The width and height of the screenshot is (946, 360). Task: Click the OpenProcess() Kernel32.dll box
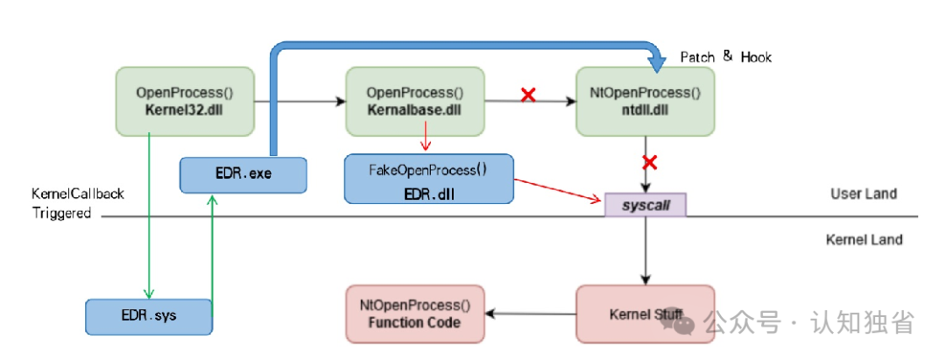tap(185, 102)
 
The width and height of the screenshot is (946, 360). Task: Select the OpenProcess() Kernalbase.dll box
tap(415, 102)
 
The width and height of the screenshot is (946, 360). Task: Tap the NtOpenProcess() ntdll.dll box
tap(646, 102)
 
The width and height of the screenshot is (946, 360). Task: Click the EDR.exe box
tap(244, 175)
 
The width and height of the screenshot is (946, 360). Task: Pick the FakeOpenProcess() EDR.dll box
tap(429, 179)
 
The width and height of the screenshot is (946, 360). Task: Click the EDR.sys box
tap(149, 316)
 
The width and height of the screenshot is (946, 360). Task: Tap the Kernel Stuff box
tap(646, 314)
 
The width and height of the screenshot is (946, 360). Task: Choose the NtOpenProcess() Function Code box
tap(415, 314)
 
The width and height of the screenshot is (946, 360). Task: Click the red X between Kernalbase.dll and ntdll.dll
tap(528, 95)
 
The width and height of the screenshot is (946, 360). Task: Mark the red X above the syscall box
tap(650, 162)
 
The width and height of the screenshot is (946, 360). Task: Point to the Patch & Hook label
tap(726, 57)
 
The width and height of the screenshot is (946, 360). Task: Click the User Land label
tap(864, 194)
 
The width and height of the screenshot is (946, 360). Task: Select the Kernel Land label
tap(864, 239)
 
